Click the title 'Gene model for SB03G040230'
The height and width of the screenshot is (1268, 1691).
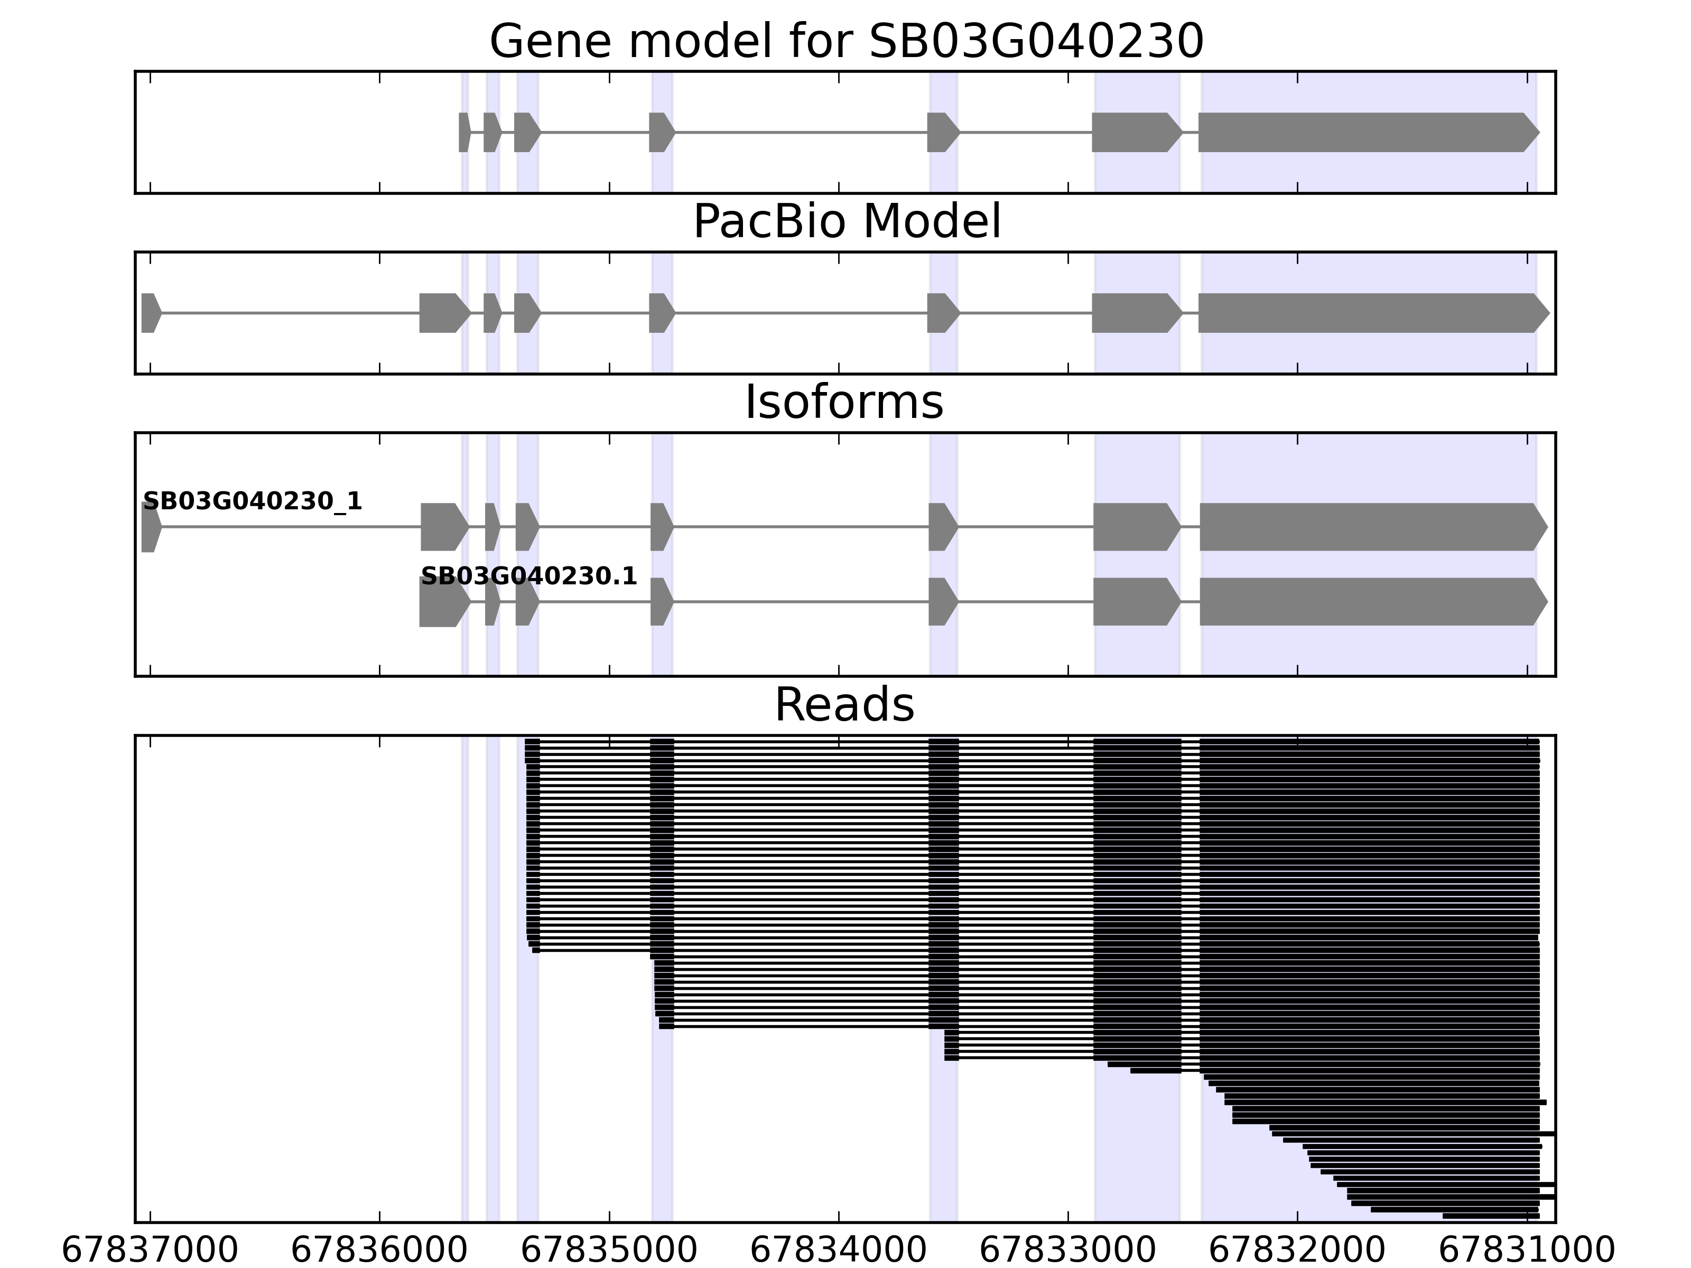[846, 41]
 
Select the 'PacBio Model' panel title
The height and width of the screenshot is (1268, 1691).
[846, 222]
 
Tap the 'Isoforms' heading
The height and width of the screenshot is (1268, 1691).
[844, 402]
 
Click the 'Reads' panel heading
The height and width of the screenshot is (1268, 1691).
[844, 705]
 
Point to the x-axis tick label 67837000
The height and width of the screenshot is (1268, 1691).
[150, 1251]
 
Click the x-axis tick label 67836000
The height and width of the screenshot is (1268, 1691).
[379, 1251]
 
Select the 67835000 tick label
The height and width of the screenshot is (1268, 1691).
[609, 1251]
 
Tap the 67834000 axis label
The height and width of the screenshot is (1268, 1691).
[839, 1251]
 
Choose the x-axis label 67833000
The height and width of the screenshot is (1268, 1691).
[1068, 1251]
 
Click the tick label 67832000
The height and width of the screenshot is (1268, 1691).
[1297, 1251]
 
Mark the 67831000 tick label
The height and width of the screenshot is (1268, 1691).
[1527, 1251]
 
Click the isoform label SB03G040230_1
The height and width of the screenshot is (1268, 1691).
[252, 501]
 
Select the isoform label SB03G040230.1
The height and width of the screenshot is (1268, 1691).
[529, 576]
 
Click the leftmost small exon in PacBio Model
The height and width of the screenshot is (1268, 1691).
[150, 313]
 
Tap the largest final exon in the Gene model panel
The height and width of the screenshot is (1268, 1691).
[1367, 132]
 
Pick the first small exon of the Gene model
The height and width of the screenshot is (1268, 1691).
[464, 132]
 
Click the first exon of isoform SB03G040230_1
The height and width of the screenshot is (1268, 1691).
[150, 527]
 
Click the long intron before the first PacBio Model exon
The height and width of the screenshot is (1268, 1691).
[291, 313]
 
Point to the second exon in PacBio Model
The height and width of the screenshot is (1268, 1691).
[443, 313]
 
